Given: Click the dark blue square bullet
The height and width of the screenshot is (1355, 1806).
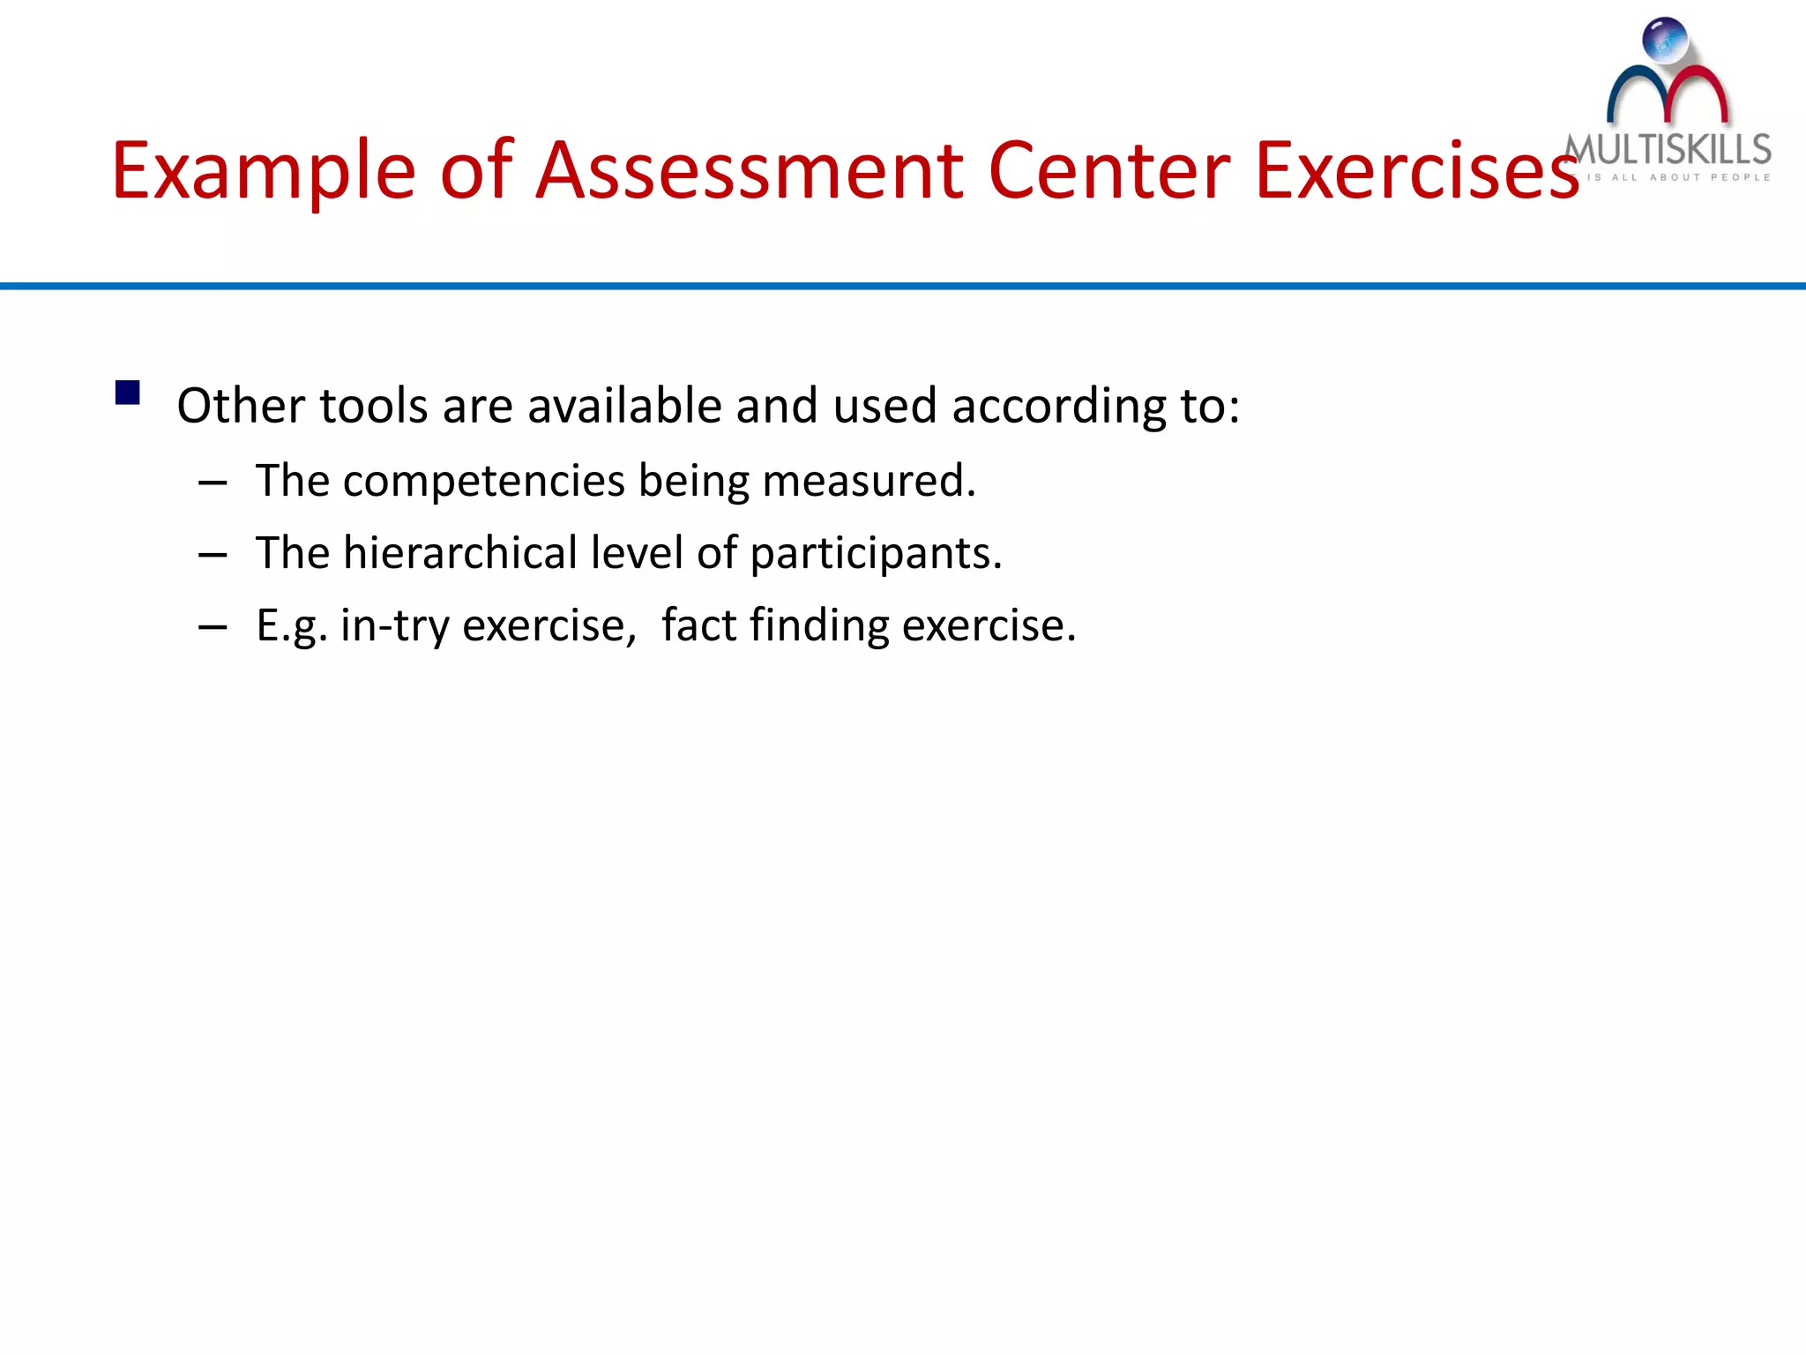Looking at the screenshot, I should point(128,393).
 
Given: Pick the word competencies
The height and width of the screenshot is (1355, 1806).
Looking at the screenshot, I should point(484,482).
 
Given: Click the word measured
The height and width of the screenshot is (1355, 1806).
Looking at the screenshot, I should point(869,481).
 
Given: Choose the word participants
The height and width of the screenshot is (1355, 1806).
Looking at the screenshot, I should point(876,555).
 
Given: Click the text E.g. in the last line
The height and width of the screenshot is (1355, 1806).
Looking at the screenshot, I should point(292,626).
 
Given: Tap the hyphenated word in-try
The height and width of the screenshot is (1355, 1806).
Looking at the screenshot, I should point(394,626).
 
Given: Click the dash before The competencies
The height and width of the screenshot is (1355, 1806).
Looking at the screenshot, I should point(213,483).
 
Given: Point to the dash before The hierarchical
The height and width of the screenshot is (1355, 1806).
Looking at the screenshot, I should point(213,556).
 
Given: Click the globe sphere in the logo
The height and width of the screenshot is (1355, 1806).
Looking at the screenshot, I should point(1665,41).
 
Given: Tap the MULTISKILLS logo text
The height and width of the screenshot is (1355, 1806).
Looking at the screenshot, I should point(1668,150).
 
